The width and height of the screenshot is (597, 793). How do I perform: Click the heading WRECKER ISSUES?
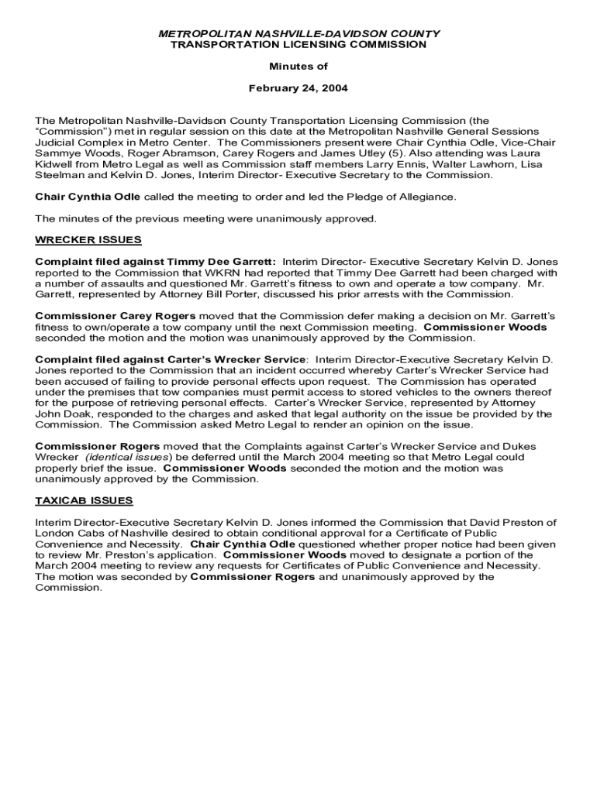point(88,240)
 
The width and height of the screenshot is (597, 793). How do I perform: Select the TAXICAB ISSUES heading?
point(84,500)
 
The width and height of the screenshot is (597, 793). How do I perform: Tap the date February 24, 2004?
point(298,88)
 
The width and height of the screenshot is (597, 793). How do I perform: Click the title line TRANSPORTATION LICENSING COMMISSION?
point(298,45)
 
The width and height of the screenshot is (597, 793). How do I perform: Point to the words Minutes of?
point(298,67)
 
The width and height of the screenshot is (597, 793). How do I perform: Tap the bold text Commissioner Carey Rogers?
point(116,316)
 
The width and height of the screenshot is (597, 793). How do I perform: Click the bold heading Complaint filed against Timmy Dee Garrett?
point(155,262)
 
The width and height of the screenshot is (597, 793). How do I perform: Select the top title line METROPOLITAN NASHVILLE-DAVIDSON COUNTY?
point(298,34)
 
